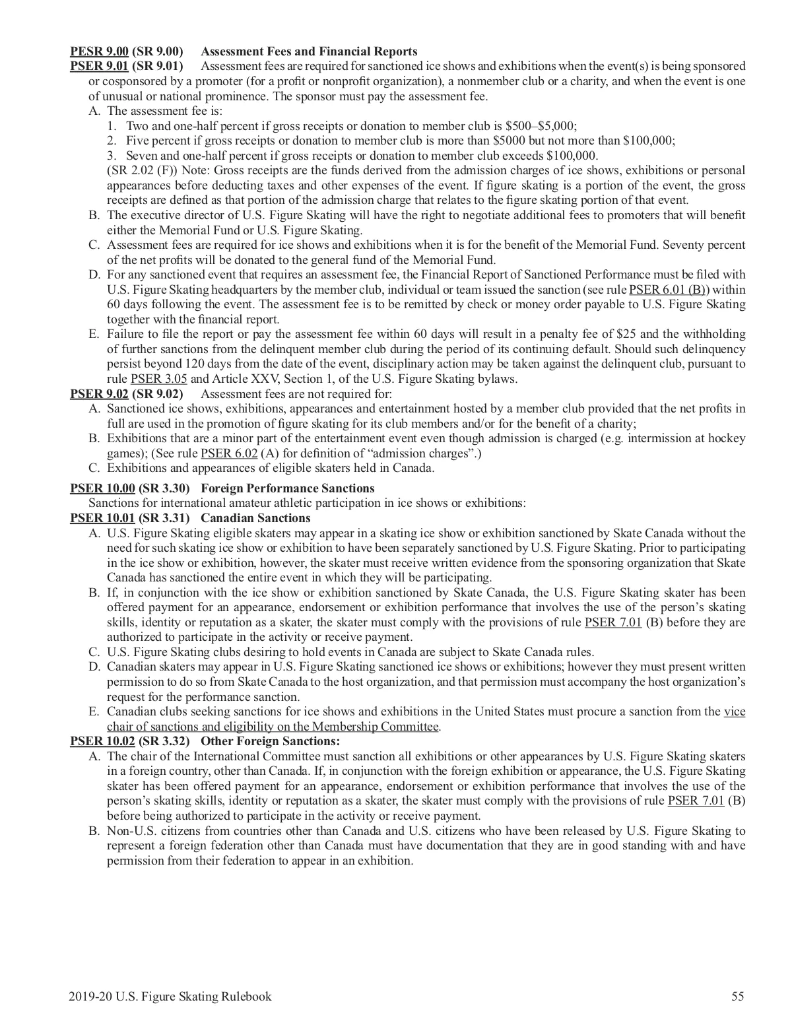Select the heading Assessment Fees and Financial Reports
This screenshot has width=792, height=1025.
click(308, 51)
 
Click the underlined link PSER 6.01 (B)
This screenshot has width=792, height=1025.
click(669, 290)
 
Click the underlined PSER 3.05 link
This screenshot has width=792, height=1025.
click(154, 379)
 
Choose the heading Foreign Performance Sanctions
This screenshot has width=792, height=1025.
click(287, 488)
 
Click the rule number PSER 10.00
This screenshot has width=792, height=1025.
click(102, 488)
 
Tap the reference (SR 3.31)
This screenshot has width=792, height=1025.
click(164, 518)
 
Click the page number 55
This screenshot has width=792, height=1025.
click(738, 997)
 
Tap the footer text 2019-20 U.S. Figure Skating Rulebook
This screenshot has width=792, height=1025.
click(170, 997)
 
